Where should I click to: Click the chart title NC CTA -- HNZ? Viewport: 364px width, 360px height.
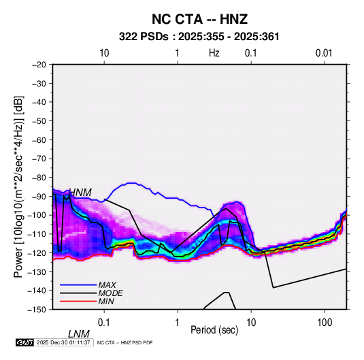pyautogui.click(x=199, y=19)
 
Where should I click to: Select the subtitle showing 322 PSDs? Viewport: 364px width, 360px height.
pyautogui.click(x=199, y=37)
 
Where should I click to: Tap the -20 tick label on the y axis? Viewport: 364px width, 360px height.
pyautogui.click(x=39, y=65)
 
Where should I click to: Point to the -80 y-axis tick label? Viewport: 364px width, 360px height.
pyautogui.click(x=39, y=178)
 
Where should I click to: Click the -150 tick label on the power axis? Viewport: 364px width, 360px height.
pyautogui.click(x=37, y=310)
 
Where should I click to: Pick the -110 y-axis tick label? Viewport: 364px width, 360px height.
pyautogui.click(x=37, y=234)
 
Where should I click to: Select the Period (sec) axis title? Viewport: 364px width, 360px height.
pyautogui.click(x=214, y=330)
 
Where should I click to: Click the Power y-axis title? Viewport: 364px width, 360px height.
pyautogui.click(x=18, y=187)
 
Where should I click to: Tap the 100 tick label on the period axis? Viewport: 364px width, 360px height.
pyautogui.click(x=325, y=323)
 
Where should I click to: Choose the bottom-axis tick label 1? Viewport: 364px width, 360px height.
pyautogui.click(x=178, y=323)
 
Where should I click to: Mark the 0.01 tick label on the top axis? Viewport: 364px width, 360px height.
pyautogui.click(x=324, y=53)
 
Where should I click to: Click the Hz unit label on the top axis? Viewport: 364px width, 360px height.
pyautogui.click(x=214, y=53)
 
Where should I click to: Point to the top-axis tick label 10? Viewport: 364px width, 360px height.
pyautogui.click(x=104, y=53)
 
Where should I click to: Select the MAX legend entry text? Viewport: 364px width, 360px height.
pyautogui.click(x=107, y=285)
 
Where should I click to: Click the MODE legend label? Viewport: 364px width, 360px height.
pyautogui.click(x=110, y=293)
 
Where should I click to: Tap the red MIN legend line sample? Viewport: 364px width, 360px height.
pyautogui.click(x=78, y=301)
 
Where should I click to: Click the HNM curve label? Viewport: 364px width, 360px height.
pyautogui.click(x=80, y=193)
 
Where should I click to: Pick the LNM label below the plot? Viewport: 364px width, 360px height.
pyautogui.click(x=79, y=334)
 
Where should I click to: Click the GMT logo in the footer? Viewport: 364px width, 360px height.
pyautogui.click(x=25, y=342)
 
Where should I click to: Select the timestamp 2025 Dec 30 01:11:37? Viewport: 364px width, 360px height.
pyautogui.click(x=63, y=342)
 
